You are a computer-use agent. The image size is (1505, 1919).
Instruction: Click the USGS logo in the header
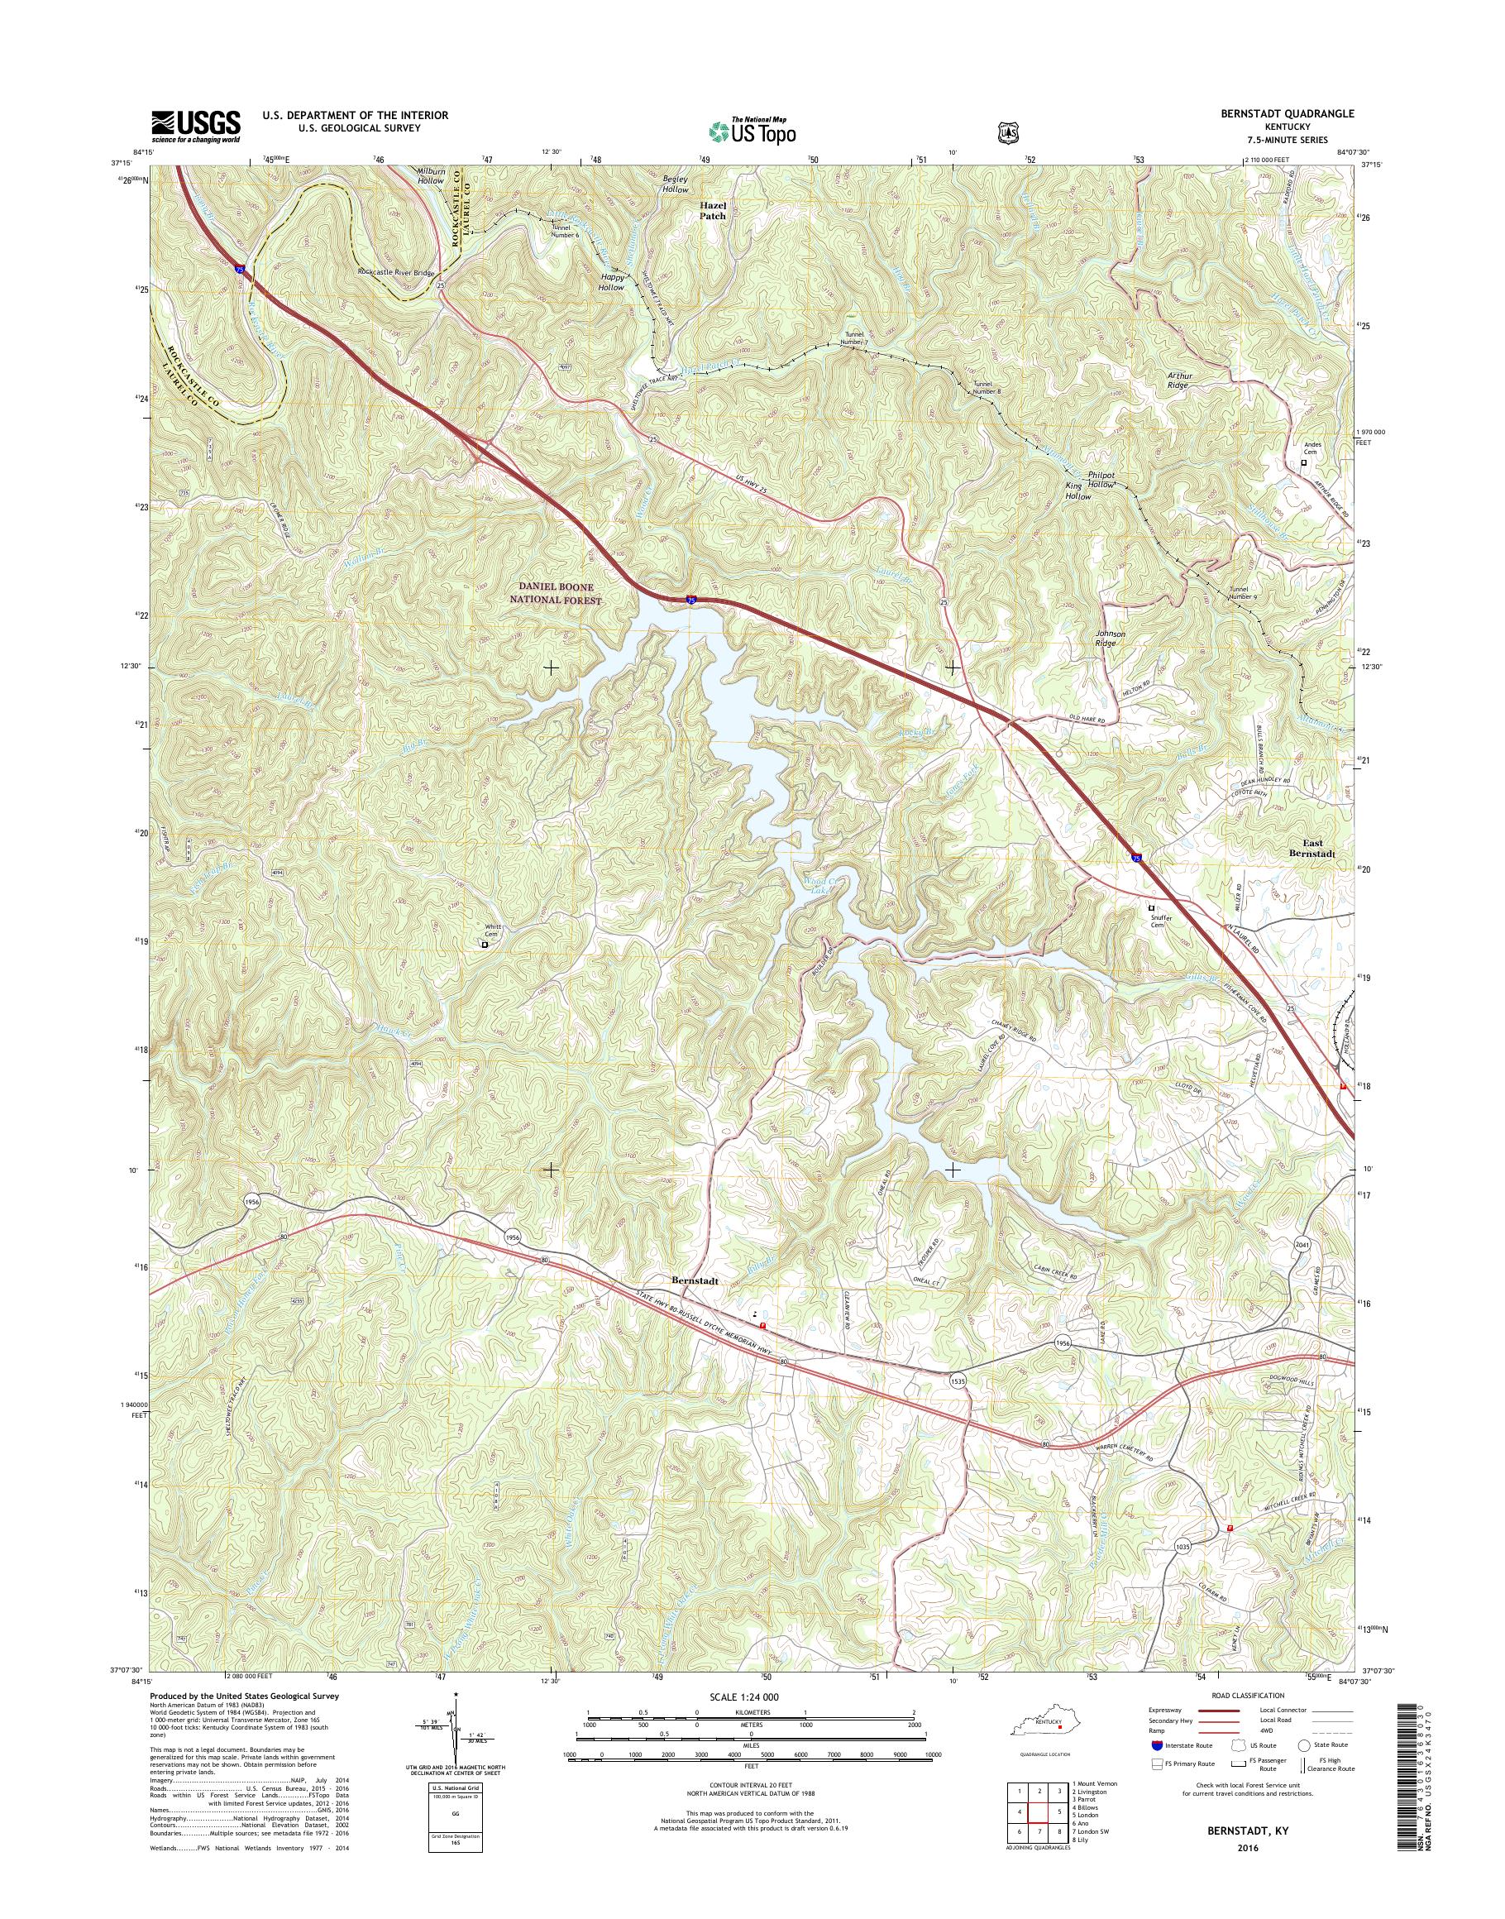(196, 125)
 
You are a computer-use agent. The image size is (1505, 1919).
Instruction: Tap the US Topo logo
(752, 131)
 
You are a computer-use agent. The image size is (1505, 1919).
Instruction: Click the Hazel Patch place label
(713, 209)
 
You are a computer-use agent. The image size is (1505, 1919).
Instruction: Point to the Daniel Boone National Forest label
(560, 593)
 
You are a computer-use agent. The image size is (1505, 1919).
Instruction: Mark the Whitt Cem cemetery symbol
(485, 945)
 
